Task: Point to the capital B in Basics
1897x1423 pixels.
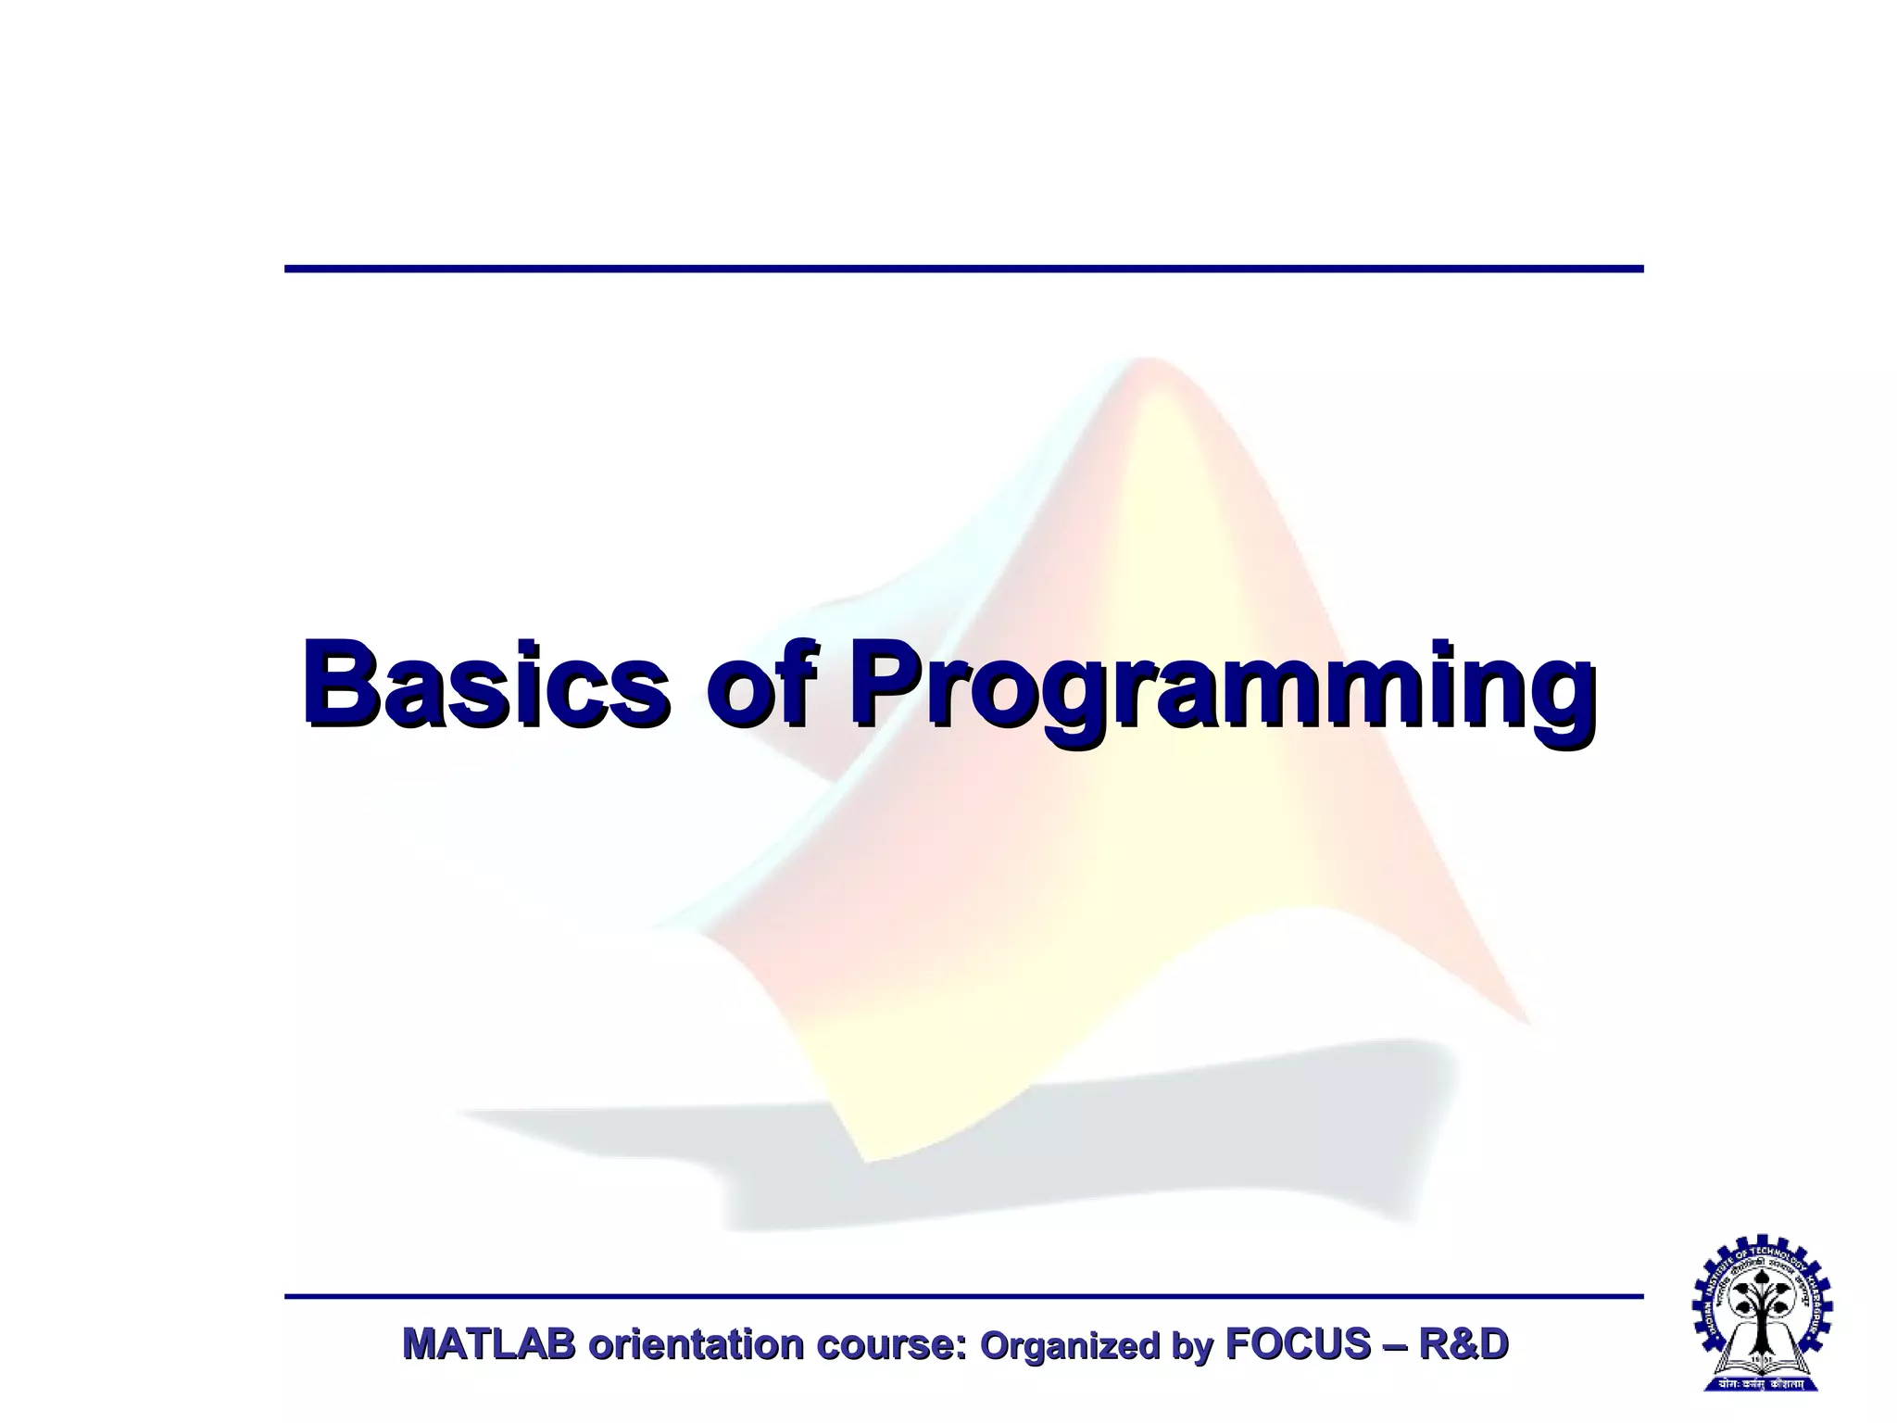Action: [x=345, y=683]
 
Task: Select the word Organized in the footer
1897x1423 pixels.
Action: [x=1070, y=1346]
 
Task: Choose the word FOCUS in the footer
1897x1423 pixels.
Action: [x=1298, y=1344]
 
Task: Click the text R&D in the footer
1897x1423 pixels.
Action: [x=1464, y=1344]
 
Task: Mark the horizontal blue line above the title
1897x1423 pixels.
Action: [x=963, y=269]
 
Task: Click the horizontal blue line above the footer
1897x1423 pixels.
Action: [x=963, y=1296]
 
